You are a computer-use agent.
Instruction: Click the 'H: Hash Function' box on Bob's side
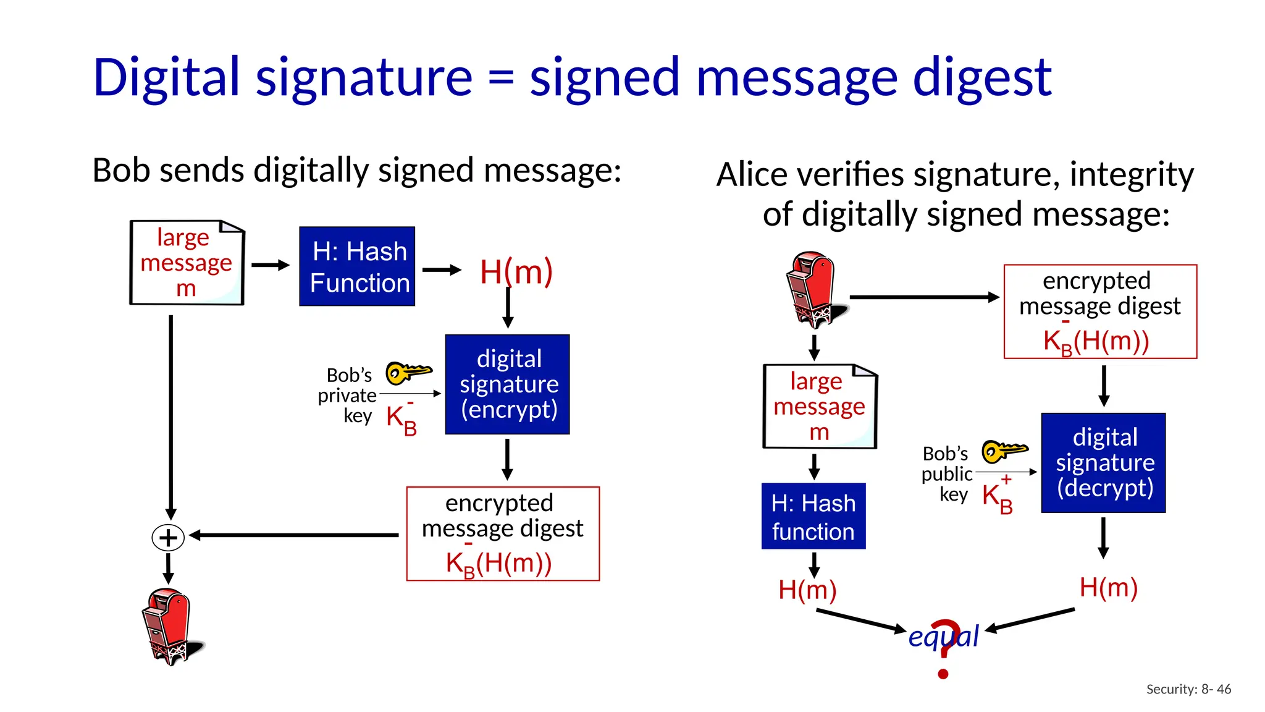[357, 266]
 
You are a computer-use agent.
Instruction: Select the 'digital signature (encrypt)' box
[508, 384]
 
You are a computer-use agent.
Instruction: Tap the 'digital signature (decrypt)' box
[1103, 463]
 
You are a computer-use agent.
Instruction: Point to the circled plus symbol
[168, 538]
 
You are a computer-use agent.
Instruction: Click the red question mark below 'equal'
[944, 649]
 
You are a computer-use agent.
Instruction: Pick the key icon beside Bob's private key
[408, 373]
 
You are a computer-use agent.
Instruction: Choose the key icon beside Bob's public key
[1004, 451]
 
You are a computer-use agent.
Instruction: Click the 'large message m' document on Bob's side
[187, 263]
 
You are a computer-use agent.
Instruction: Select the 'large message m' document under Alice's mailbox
[820, 407]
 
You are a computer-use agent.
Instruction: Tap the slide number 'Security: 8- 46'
[1188, 689]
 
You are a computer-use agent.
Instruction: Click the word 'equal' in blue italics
[944, 636]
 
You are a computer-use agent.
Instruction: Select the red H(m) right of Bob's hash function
[516, 272]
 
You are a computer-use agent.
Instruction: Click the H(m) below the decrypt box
[1109, 587]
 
